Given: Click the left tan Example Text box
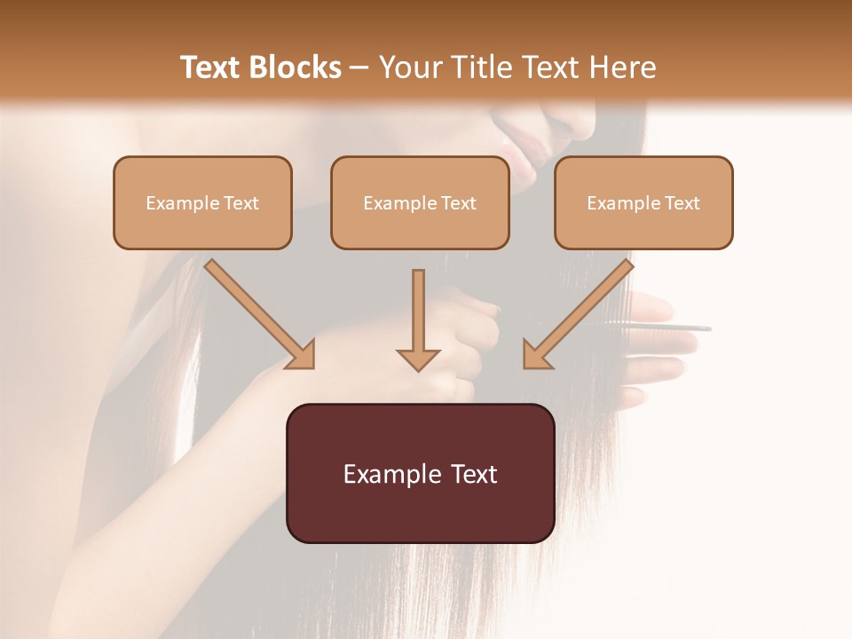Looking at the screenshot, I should (202, 202).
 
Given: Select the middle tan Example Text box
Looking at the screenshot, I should (420, 202).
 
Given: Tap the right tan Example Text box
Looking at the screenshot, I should (643, 202).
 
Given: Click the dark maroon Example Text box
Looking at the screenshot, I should (420, 473).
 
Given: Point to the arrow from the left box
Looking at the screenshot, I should (259, 313).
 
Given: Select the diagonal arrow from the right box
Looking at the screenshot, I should (578, 313).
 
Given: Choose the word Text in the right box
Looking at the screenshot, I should (682, 203).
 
